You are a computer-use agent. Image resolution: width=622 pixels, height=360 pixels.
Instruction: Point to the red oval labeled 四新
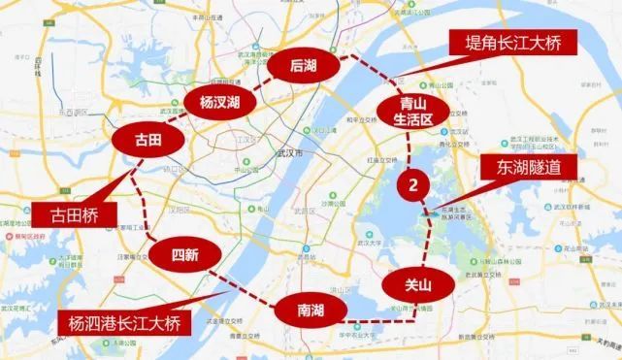click(184, 255)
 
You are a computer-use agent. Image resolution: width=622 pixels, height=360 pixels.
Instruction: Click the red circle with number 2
click(415, 183)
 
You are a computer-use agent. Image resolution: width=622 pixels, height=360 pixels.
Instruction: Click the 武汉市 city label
click(291, 153)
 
